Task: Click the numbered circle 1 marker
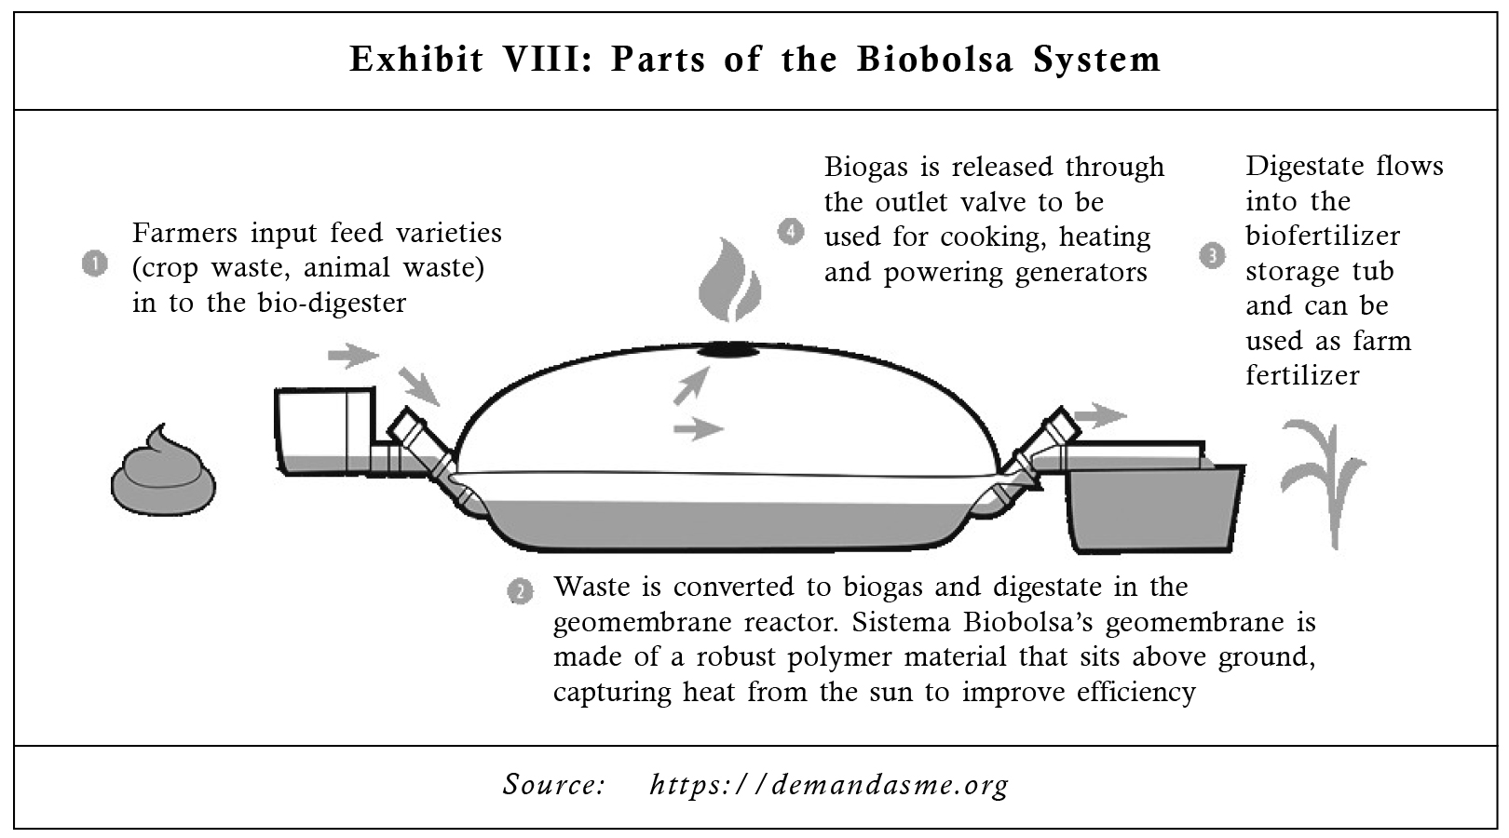tap(95, 264)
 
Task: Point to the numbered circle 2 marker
tap(520, 592)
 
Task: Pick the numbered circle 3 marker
tap(1213, 256)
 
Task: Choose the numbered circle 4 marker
tap(790, 233)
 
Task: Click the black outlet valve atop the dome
tap(728, 349)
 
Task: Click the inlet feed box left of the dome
tap(325, 432)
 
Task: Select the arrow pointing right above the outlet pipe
tap(1100, 415)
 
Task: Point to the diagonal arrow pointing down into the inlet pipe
tap(419, 386)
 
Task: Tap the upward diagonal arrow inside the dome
tap(692, 385)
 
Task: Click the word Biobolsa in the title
tap(935, 60)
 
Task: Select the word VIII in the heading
tap(546, 60)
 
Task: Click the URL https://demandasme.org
tap(829, 785)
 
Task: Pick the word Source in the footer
tap(553, 785)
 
